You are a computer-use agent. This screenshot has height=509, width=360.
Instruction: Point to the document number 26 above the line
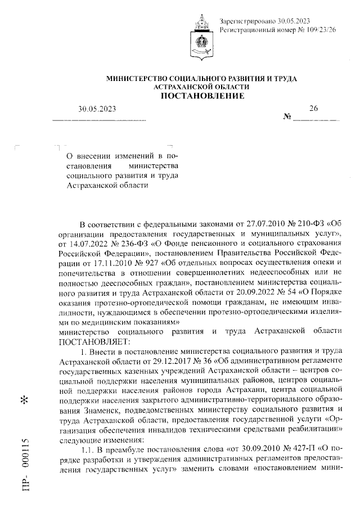[313, 108]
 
